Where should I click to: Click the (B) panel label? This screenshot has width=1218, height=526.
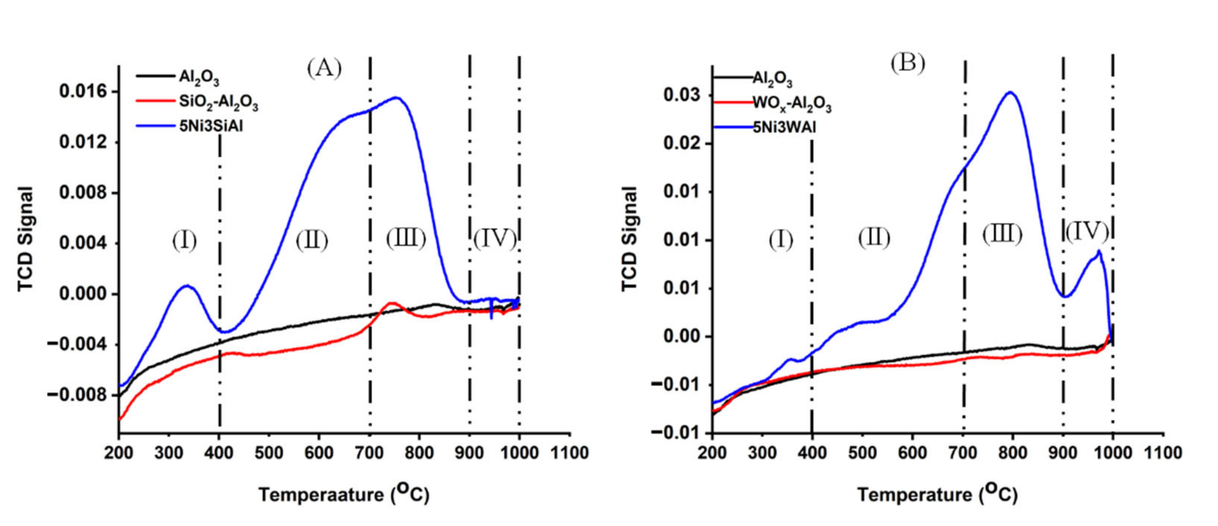click(x=907, y=63)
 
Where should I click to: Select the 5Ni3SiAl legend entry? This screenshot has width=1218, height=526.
click(x=210, y=126)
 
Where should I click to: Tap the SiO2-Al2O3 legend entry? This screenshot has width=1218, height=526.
click(x=218, y=102)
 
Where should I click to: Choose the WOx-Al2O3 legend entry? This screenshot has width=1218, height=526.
click(x=791, y=104)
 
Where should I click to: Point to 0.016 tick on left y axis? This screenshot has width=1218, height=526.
click(x=83, y=91)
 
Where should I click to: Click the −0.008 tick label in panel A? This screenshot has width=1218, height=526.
click(x=77, y=395)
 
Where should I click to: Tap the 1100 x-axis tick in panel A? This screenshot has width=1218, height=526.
click(x=569, y=453)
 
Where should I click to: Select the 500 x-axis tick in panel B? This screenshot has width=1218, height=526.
click(x=862, y=453)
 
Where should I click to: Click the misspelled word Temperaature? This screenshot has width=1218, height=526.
click(x=321, y=495)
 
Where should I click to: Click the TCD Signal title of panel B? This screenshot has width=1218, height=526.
click(x=630, y=239)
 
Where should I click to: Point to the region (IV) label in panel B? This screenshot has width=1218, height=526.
click(x=1087, y=231)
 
